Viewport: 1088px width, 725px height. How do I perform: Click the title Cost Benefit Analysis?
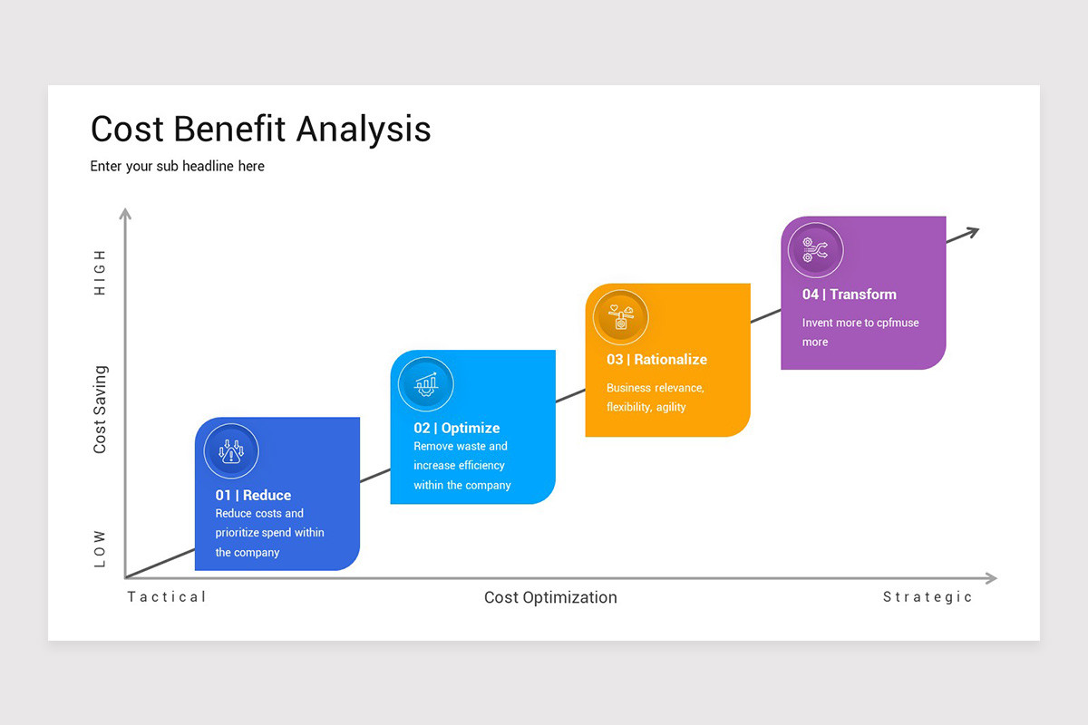point(260,130)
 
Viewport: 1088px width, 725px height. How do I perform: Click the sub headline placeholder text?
point(177,167)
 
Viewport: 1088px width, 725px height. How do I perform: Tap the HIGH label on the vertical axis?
point(100,272)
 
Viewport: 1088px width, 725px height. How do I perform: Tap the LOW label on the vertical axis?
point(100,549)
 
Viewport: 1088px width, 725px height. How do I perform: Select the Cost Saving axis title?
point(100,409)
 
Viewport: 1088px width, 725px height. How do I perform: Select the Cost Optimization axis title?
point(550,597)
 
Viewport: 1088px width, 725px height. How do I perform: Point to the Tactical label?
point(167,596)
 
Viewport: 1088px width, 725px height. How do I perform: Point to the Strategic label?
point(928,597)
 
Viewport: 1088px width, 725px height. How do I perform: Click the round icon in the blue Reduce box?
point(231,451)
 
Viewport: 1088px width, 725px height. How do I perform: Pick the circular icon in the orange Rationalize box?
point(621,318)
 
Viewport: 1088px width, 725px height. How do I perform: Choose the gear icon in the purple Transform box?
point(816,250)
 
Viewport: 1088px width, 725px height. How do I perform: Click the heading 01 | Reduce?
point(253,495)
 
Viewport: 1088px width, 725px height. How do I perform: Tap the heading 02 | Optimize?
point(457,428)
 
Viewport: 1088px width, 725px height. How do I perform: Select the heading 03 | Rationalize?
point(656,360)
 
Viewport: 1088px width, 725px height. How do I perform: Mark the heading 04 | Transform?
point(849,295)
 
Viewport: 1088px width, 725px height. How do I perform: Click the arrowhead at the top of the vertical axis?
point(125,214)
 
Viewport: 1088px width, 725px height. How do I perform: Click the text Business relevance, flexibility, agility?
point(655,397)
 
